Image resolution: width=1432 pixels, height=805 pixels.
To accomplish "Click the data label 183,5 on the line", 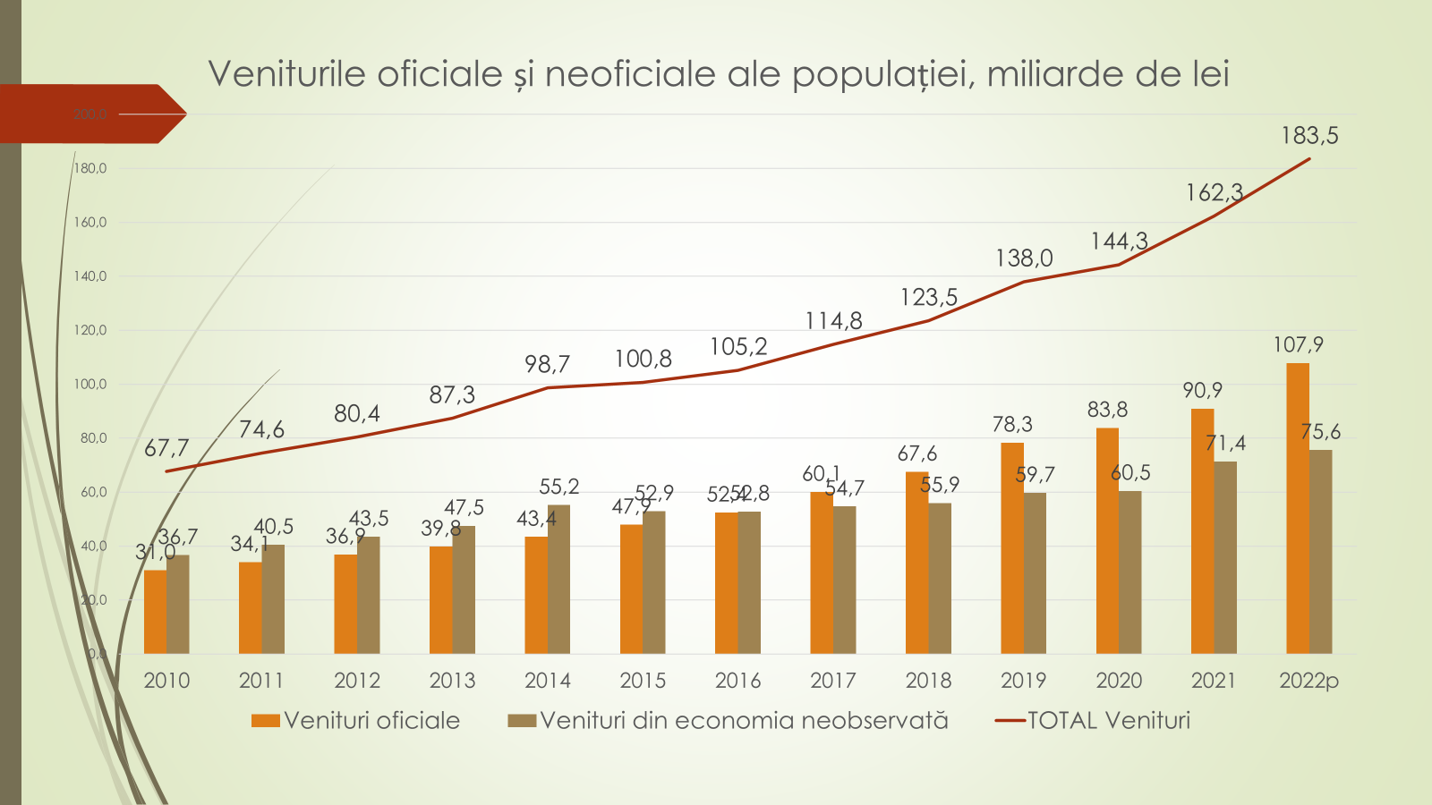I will [x=1309, y=136].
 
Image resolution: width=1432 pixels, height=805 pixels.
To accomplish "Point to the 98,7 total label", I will [x=547, y=364].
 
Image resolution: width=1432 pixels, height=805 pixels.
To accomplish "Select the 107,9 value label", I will [x=1298, y=344].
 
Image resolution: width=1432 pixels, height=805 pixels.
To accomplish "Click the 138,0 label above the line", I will [x=1024, y=258].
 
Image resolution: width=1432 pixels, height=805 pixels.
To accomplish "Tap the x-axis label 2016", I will [x=737, y=681].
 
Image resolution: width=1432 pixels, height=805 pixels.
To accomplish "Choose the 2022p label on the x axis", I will [x=1308, y=681].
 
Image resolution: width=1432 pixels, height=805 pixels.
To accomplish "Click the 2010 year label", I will [x=166, y=681].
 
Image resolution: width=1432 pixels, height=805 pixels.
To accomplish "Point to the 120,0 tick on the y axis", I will [x=89, y=330].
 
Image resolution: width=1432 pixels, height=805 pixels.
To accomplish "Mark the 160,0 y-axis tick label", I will [x=89, y=223].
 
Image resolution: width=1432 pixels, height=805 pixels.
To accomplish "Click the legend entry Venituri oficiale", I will [x=371, y=721].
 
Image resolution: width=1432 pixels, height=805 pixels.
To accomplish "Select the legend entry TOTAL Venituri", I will [x=1108, y=721].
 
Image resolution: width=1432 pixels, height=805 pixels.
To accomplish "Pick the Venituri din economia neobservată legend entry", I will [x=743, y=721].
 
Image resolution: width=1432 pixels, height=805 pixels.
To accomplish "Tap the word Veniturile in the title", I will [x=288, y=73].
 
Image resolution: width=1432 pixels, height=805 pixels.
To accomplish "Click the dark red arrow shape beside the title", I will [x=89, y=114].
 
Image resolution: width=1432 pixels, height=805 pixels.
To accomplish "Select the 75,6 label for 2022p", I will [x=1320, y=432].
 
